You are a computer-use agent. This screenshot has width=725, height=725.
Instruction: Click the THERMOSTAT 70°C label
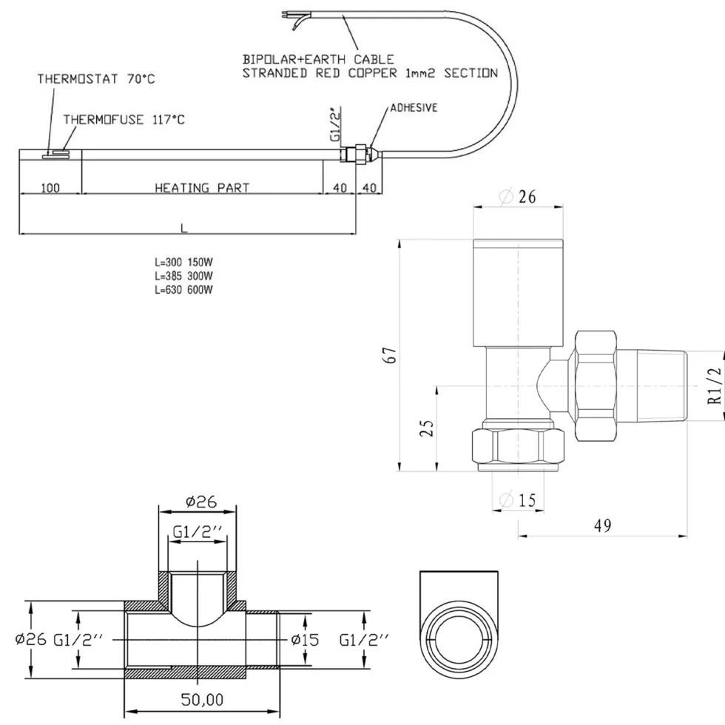coord(96,79)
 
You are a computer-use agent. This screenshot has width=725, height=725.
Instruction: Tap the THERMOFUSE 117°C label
coord(124,120)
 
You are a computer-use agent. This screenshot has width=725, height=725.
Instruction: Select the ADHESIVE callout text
coord(414,108)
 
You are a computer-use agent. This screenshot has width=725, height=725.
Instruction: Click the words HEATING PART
coord(202,188)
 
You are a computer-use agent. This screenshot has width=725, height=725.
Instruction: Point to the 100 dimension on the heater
coord(50,188)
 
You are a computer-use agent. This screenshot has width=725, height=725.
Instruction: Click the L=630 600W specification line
coord(183,290)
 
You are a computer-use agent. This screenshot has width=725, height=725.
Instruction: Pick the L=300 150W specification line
coord(183,262)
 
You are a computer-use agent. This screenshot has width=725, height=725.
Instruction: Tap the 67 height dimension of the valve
coord(391,355)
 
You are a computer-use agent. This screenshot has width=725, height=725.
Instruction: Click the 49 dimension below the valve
coord(602,525)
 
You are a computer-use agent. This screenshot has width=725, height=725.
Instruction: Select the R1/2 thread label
coord(715,385)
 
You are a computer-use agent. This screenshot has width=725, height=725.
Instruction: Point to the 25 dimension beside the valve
coord(428,428)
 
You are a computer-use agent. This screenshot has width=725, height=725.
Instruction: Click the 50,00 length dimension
coord(202,700)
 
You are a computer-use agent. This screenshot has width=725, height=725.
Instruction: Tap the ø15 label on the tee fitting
coord(305,639)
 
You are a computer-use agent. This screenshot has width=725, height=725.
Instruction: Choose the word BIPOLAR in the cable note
coord(269,59)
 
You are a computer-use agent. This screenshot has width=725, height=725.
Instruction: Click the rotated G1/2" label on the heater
coord(336,124)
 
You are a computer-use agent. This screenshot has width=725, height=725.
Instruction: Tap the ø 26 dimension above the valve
coord(518,197)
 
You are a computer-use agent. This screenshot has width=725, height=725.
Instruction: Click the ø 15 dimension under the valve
coord(518,500)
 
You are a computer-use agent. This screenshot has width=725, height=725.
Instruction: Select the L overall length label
coord(184,228)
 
